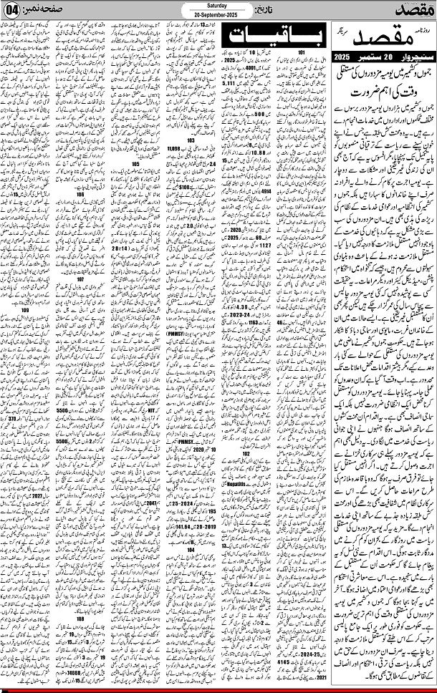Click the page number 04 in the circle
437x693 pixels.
click(x=12, y=13)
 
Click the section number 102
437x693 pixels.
click(x=246, y=453)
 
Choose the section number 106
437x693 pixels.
click(x=80, y=193)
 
